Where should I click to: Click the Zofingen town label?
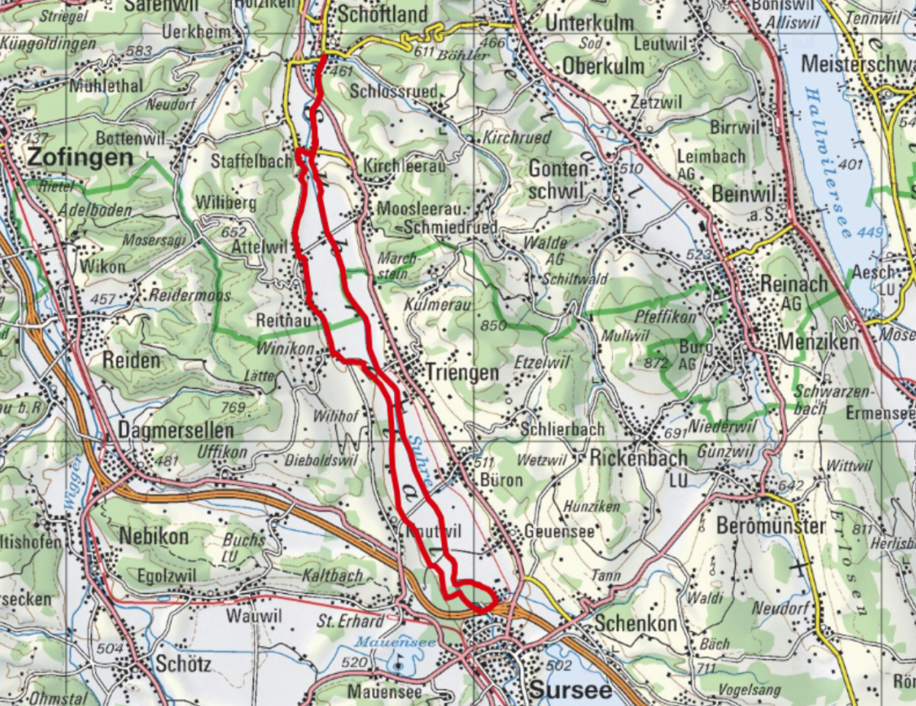click(79, 158)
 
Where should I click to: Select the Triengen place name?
click(462, 373)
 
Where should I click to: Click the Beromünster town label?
click(771, 526)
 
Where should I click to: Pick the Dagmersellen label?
click(176, 431)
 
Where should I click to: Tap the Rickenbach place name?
click(638, 458)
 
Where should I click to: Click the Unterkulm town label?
click(589, 23)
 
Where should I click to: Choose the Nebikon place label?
click(153, 536)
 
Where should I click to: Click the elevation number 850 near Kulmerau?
click(494, 326)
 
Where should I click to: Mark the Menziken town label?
click(818, 342)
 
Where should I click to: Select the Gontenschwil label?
click(560, 179)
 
